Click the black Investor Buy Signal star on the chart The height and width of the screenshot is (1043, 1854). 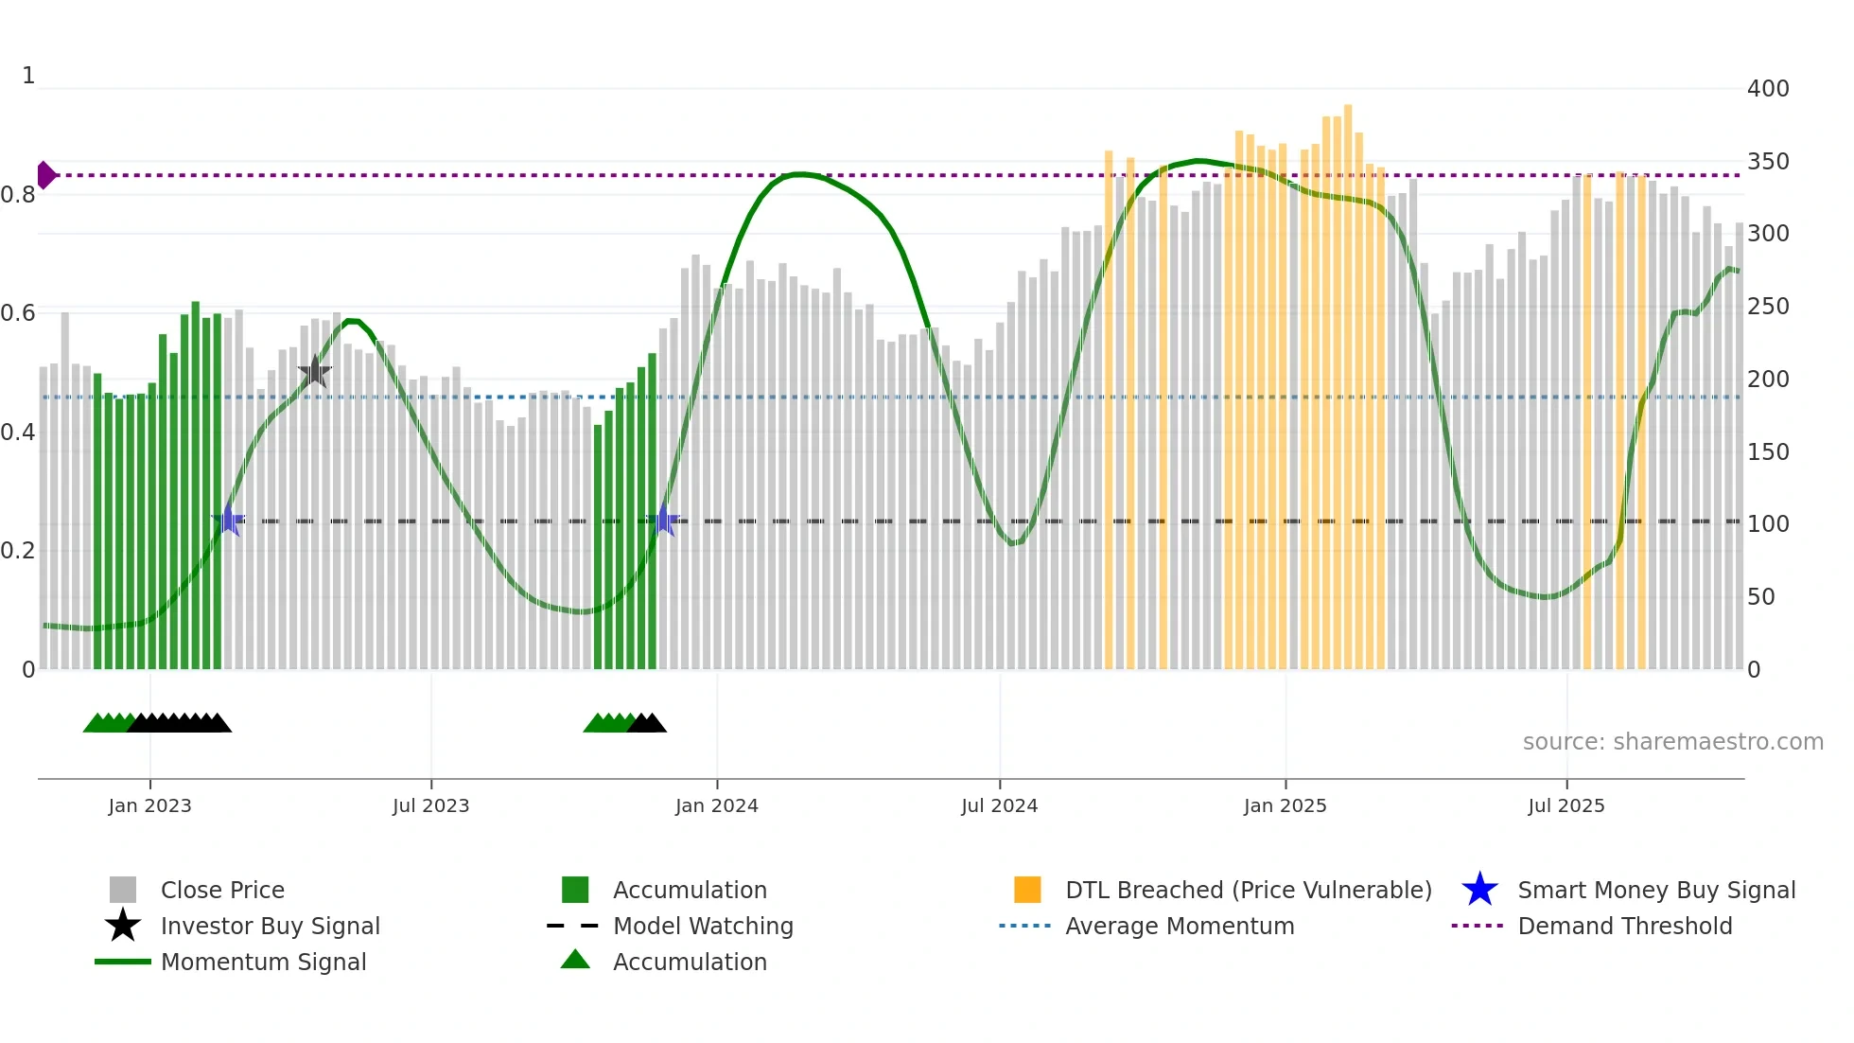314,372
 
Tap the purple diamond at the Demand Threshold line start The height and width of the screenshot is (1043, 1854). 45,175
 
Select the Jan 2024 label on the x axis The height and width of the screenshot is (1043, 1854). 716,805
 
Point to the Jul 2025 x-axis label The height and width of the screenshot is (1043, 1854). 1566,805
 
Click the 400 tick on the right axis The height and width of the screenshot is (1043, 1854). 1768,89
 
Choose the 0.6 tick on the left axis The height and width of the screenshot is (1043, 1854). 18,313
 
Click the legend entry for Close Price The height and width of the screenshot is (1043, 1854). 221,890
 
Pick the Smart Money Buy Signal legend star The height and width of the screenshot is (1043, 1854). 1479,890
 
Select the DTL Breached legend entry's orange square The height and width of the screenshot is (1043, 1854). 1027,890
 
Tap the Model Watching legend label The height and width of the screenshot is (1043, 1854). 703,926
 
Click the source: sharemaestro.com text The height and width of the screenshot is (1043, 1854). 1672,742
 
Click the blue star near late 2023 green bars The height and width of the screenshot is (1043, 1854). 664,521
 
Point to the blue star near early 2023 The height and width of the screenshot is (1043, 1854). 228,521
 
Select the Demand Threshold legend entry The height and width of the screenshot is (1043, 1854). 1624,926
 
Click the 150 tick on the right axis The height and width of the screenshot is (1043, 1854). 1768,451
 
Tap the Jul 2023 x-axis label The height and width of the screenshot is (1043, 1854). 430,805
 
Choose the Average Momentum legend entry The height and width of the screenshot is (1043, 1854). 1179,926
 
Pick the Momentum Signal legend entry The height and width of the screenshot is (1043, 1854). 263,962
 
